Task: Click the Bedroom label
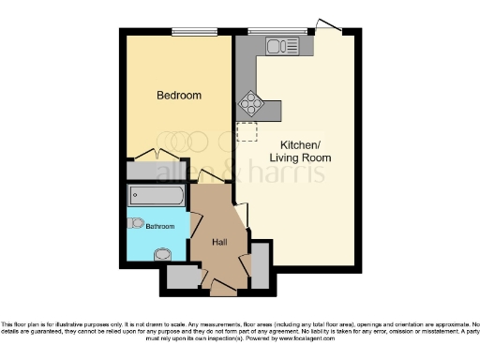point(178,95)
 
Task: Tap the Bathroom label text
point(160,226)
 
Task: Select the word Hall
point(220,243)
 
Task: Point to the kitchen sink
point(280,45)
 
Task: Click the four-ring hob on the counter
point(252,102)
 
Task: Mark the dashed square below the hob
point(247,131)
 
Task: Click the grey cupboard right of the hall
point(261,264)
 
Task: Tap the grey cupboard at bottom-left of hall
point(182,277)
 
